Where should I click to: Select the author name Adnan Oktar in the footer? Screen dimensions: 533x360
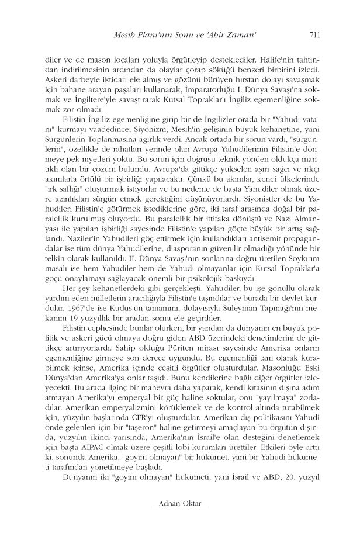[x=179, y=503]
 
